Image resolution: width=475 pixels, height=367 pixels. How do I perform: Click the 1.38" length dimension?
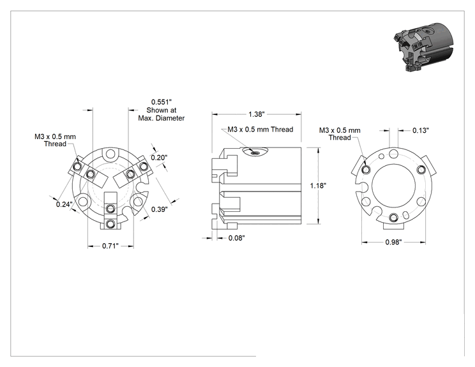click(257, 114)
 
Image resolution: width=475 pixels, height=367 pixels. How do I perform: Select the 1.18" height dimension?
click(318, 186)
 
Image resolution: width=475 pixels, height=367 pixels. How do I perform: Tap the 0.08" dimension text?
click(237, 238)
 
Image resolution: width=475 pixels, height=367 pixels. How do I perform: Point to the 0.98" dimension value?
click(393, 243)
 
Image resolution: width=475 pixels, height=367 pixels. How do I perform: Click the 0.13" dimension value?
click(421, 130)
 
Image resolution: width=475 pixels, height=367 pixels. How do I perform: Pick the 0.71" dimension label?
click(110, 246)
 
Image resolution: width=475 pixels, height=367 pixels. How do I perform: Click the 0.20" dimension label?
click(159, 158)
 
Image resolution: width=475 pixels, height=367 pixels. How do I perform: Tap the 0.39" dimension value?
click(160, 209)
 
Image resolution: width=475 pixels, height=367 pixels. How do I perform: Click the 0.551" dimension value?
click(162, 102)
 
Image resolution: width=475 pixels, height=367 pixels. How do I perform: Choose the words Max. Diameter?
click(162, 118)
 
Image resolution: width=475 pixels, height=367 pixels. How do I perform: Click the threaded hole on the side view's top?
click(255, 153)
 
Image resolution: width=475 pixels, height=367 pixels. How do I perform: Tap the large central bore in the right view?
click(393, 186)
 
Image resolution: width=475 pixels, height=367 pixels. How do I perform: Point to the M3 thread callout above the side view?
click(260, 130)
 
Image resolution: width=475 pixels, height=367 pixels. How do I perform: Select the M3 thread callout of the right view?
click(340, 134)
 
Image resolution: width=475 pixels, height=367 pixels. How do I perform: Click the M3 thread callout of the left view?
click(55, 140)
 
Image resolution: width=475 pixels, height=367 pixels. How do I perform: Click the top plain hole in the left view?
click(110, 154)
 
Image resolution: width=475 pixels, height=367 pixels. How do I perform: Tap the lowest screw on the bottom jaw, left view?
click(111, 224)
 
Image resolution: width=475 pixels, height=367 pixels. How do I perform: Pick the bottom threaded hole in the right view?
click(394, 218)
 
